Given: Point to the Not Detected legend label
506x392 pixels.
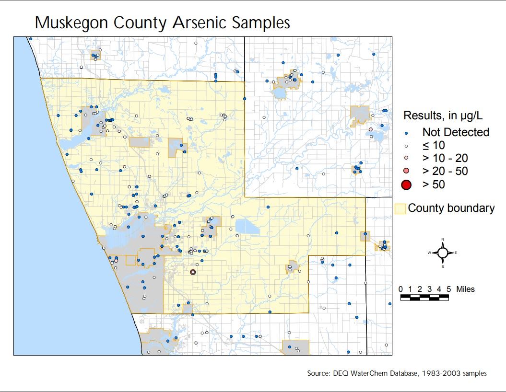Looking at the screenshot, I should pos(456,132).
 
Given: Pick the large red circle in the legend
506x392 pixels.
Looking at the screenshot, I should pos(406,184).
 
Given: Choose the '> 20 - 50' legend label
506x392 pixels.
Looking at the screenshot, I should pos(445,171).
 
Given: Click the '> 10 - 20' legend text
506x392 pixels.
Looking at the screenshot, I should pos(445,158).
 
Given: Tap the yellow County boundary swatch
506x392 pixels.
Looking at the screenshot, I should pos(400,208).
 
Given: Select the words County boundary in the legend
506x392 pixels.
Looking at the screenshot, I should pos(451,208).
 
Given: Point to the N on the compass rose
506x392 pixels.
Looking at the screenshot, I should pos(443,239).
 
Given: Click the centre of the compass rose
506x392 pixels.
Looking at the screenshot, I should pos(443,252).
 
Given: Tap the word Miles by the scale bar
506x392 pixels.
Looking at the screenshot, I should pos(465,289).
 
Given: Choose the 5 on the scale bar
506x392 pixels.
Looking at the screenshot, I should pos(448,289).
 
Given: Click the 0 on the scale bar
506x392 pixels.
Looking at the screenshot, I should pos(401,289).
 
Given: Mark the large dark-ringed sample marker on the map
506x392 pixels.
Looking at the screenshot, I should pos(193,272).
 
